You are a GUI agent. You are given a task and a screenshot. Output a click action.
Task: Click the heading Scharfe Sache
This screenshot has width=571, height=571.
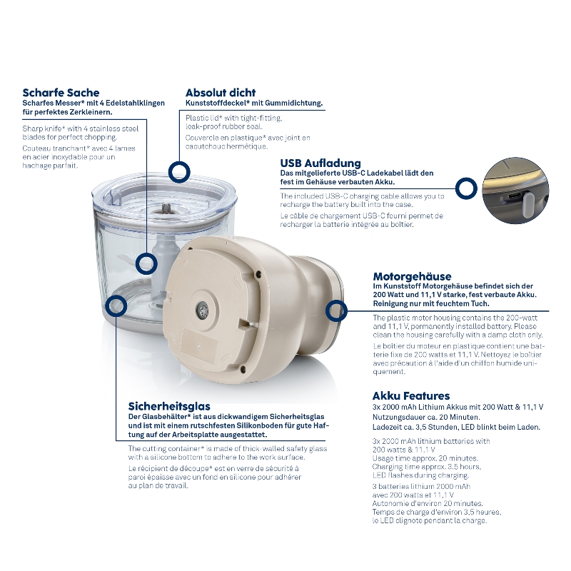click(61, 93)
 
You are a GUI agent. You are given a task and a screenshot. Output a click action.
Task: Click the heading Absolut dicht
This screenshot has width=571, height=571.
click(221, 93)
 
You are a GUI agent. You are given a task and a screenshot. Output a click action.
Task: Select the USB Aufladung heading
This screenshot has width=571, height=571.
click(320, 163)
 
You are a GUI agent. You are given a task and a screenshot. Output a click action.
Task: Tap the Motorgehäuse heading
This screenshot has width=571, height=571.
click(412, 276)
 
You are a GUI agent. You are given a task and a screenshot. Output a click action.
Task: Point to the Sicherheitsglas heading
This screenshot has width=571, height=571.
click(169, 406)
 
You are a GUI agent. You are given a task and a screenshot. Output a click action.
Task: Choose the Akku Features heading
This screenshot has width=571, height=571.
click(411, 396)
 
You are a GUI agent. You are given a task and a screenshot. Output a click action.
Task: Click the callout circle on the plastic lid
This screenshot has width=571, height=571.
click(179, 171)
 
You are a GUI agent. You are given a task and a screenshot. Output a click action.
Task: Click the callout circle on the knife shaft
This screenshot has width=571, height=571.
click(146, 263)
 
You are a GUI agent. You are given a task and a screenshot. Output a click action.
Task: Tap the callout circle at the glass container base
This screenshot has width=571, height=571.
click(116, 306)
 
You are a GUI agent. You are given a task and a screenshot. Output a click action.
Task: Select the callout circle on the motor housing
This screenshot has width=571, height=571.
click(336, 311)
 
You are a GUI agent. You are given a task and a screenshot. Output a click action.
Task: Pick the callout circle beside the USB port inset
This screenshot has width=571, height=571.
click(466, 188)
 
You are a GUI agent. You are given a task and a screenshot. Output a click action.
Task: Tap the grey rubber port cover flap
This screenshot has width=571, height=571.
click(528, 204)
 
